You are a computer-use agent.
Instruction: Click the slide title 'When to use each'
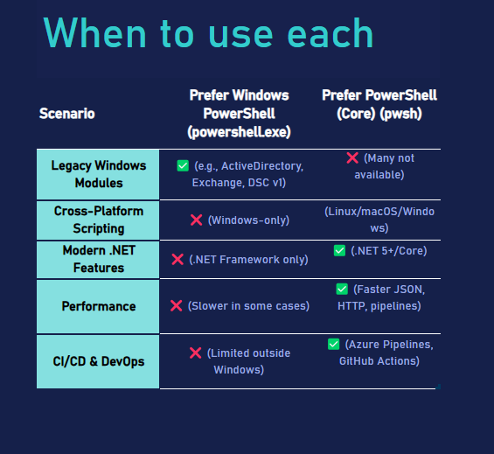tap(209, 32)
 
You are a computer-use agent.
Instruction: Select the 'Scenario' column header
tap(66, 114)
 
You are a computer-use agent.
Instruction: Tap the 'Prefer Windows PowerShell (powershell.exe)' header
tap(239, 114)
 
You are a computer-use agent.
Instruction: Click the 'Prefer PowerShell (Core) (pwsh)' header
tap(379, 104)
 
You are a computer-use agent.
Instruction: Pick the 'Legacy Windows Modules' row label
tap(99, 174)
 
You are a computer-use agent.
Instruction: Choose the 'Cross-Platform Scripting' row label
tap(99, 220)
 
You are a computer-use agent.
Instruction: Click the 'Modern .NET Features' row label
tap(99, 259)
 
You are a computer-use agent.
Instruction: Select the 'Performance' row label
tap(99, 306)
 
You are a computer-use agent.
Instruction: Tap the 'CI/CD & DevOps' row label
tap(99, 361)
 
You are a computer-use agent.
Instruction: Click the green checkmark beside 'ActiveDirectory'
tap(183, 165)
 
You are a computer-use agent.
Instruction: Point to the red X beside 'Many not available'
tap(352, 157)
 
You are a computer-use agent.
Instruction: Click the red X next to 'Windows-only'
tap(196, 220)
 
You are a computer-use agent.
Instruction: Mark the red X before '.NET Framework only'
tap(177, 259)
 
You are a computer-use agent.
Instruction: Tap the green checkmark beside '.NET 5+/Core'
tap(339, 251)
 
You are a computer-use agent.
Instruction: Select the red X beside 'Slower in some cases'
tap(176, 305)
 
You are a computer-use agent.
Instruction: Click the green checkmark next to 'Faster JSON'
tap(342, 290)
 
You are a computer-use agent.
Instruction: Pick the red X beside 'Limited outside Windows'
tap(195, 353)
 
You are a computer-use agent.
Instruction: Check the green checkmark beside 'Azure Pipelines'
tap(333, 344)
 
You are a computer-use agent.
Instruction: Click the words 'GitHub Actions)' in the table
tap(379, 361)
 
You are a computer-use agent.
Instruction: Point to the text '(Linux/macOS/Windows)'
tap(379, 220)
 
